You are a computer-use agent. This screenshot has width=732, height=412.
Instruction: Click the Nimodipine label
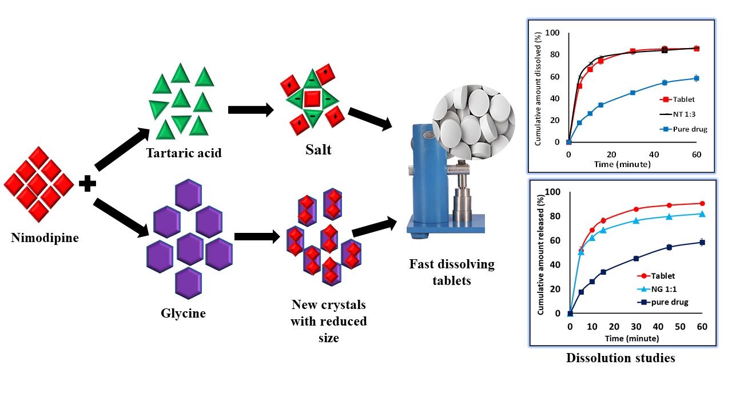pyautogui.click(x=45, y=237)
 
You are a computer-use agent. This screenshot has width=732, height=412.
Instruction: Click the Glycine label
pyautogui.click(x=182, y=313)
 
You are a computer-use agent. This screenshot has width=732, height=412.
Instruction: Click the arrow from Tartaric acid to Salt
pyautogui.click(x=250, y=110)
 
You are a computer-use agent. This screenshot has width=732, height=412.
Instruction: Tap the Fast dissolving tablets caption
pyautogui.click(x=452, y=272)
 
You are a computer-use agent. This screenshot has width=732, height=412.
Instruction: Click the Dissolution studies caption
pyautogui.click(x=620, y=358)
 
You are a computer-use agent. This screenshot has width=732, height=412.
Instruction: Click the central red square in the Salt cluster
pyautogui.click(x=312, y=98)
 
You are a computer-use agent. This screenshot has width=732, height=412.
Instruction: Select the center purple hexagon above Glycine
pyautogui.click(x=191, y=248)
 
